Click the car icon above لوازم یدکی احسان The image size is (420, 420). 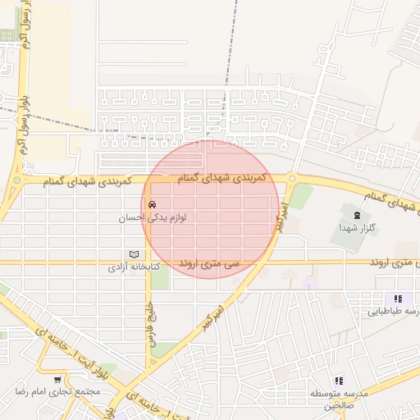coord(152,203)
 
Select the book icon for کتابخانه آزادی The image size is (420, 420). coord(135,254)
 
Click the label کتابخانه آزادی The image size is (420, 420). coord(135,267)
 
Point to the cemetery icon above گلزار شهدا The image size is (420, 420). coord(354,215)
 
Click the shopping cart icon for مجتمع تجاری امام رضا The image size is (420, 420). coord(57,379)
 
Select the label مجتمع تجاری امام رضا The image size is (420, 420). coord(57,391)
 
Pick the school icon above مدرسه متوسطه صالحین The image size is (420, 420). coord(339,380)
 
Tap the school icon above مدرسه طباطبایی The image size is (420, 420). coord(398,299)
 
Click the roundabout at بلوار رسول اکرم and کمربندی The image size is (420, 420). coord(17,180)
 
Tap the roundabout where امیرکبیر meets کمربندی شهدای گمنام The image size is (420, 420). coord(291,178)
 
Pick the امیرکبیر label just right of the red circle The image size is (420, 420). coord(281,217)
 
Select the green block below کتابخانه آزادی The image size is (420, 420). coord(160,278)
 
